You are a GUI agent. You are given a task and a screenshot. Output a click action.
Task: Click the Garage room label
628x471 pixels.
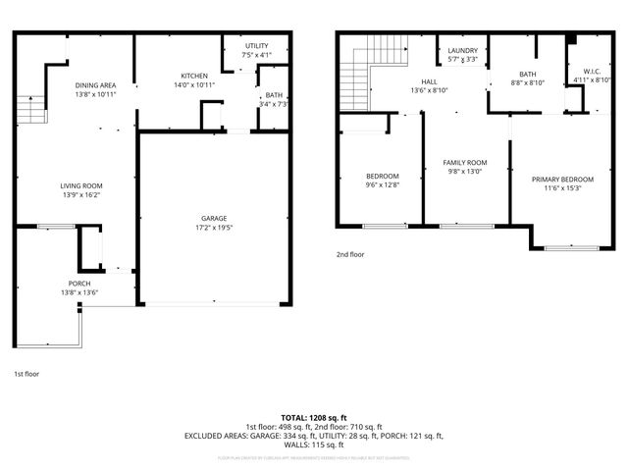(214, 218)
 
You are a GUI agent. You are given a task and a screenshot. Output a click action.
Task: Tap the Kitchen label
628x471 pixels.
(194, 76)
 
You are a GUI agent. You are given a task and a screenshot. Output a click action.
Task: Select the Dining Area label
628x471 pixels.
(96, 85)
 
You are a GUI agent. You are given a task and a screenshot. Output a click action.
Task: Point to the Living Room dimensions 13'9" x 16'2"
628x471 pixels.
(82, 195)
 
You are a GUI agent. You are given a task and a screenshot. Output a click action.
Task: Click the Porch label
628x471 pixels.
(79, 283)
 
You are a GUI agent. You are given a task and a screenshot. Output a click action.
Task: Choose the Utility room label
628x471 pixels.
(257, 46)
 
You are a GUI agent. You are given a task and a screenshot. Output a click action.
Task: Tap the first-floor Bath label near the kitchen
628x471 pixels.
(274, 95)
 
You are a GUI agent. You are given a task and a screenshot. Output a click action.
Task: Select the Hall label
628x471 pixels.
(430, 81)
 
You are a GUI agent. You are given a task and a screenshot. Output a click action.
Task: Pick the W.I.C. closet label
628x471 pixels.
(591, 71)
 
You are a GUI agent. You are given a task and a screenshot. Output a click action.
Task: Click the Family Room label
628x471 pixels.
(465, 162)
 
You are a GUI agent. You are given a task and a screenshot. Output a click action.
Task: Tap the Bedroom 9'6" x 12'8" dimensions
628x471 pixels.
(383, 185)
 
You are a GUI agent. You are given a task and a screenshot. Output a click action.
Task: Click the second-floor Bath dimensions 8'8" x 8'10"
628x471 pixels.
(528, 83)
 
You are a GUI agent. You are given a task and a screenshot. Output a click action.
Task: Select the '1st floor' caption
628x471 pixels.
(27, 374)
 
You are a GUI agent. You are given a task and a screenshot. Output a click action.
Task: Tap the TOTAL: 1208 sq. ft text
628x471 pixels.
(314, 418)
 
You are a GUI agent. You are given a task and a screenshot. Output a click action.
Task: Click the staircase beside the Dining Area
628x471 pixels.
(32, 108)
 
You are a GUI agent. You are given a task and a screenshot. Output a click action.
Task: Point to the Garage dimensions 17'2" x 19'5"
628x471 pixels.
(214, 228)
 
